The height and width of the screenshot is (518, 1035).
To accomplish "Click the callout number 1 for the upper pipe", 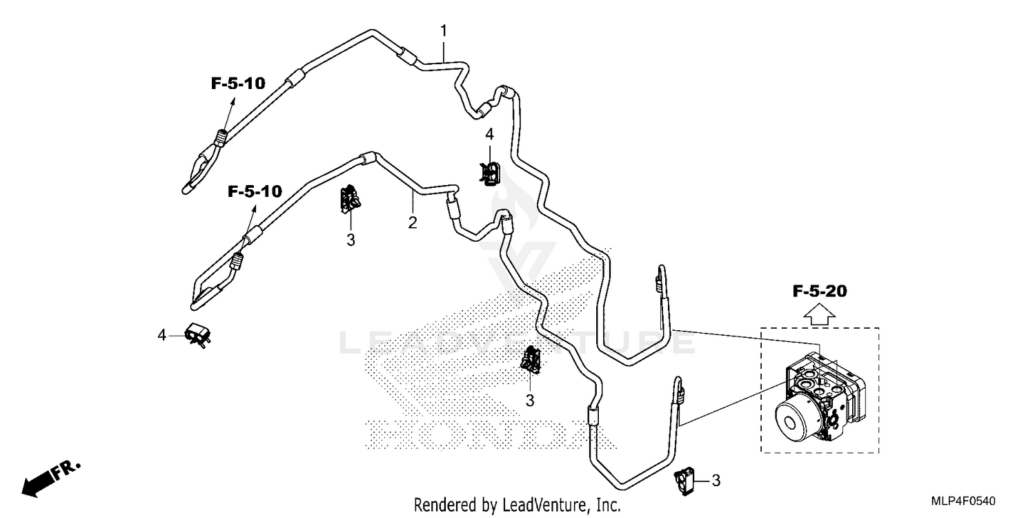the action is click(444, 31).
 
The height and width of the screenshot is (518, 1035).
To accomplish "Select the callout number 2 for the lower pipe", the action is click(413, 222).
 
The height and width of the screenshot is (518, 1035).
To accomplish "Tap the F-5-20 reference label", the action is click(820, 291).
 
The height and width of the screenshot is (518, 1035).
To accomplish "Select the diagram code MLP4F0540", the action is click(963, 501).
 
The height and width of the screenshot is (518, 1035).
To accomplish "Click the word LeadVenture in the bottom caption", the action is click(544, 505).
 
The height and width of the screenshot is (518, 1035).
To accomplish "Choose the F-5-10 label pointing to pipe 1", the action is click(239, 84).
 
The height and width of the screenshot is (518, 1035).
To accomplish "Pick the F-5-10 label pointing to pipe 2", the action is click(255, 191).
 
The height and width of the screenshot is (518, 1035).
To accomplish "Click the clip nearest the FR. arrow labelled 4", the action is click(198, 335).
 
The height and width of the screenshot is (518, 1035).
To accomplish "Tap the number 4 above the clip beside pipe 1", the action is click(489, 134).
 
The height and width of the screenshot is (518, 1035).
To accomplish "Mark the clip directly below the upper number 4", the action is click(489, 173).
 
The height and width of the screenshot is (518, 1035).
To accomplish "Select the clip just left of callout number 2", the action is click(351, 200).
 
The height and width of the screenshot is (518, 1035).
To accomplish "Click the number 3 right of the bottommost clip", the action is click(716, 481).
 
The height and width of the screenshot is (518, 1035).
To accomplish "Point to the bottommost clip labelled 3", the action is click(684, 481).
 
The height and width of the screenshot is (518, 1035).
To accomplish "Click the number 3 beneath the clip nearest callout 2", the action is click(351, 240).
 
